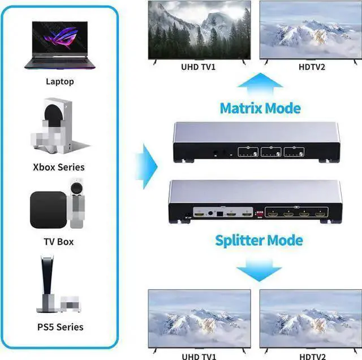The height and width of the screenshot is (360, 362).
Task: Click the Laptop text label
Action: (x=60, y=81)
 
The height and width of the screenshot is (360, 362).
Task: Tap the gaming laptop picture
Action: (x=60, y=45)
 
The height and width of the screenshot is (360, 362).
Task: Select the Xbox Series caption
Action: (x=59, y=167)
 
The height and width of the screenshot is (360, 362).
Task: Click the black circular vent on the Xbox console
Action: (x=53, y=115)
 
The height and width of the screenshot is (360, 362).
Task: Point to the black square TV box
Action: (x=49, y=210)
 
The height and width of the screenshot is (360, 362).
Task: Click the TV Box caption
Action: (x=59, y=242)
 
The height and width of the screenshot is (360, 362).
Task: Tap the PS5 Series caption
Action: (x=61, y=327)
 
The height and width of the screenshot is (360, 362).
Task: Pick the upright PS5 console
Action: (x=47, y=284)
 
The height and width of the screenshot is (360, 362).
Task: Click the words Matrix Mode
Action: (x=260, y=108)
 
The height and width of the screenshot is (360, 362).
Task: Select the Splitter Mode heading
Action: (x=259, y=240)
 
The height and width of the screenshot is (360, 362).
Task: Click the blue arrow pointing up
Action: (x=260, y=84)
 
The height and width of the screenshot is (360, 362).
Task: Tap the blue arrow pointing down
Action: (x=259, y=270)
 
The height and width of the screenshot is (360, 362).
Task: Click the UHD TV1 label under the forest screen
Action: (x=198, y=67)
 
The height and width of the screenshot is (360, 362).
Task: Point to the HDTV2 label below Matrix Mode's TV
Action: (x=312, y=67)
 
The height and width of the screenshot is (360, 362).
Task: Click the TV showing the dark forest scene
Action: (x=199, y=30)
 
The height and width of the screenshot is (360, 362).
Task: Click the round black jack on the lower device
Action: (x=210, y=213)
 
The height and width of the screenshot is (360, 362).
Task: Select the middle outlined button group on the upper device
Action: (x=271, y=152)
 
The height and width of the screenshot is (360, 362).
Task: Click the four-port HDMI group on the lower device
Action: (x=296, y=212)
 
